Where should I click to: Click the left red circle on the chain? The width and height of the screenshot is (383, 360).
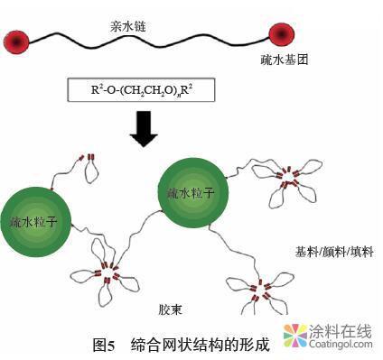tap(17, 39)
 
